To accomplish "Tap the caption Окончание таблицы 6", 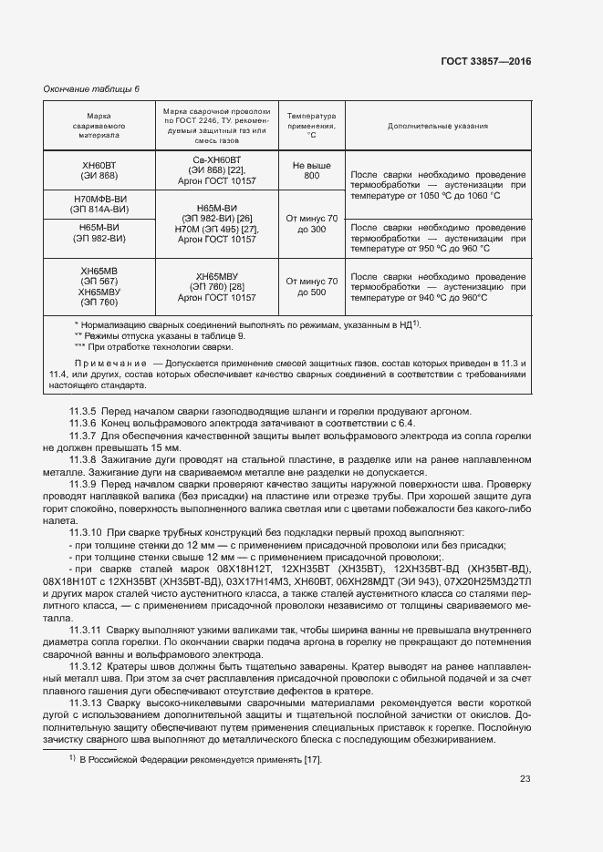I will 92,88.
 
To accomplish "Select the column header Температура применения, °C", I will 311,126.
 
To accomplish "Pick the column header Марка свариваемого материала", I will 99,126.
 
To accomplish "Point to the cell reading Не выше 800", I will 311,170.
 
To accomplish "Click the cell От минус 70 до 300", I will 311,224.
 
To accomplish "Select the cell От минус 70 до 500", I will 311,287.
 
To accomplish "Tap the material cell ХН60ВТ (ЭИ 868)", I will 99,170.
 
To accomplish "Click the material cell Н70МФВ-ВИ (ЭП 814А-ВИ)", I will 99,204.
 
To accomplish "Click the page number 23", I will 525,778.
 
